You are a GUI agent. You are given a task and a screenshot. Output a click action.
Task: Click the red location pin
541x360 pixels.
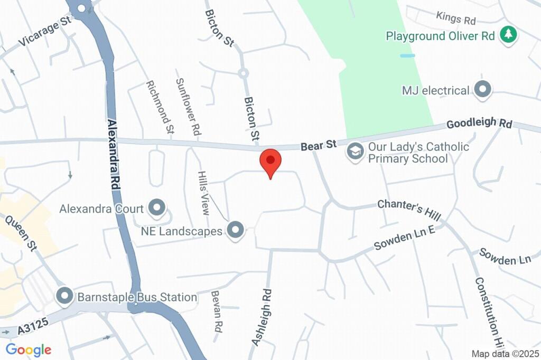(x=270, y=162)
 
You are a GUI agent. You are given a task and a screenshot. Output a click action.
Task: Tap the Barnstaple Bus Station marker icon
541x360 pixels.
(x=65, y=297)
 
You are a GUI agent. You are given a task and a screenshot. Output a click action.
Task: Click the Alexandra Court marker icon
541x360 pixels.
(x=156, y=208)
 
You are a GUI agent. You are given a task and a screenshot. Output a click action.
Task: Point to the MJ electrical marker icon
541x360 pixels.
(x=482, y=90)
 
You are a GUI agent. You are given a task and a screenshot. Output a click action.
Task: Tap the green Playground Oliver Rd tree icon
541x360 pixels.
(x=509, y=35)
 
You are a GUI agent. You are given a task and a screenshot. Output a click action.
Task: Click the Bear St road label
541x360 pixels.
(x=319, y=146)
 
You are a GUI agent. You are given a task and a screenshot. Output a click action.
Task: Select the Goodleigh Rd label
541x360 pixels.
(x=479, y=124)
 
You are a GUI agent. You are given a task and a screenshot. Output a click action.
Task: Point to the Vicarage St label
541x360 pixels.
(x=44, y=31)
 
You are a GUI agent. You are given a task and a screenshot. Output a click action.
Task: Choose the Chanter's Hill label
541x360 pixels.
(x=409, y=210)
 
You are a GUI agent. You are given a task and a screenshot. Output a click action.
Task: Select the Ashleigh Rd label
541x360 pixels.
(x=262, y=317)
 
